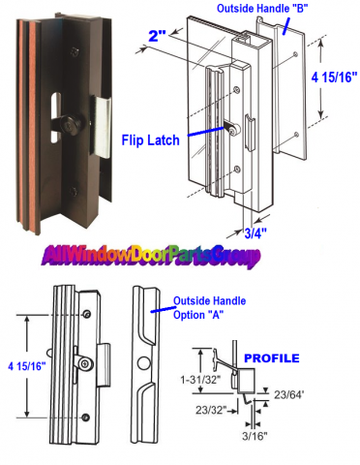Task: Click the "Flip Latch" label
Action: click(150, 140)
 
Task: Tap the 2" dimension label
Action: click(157, 36)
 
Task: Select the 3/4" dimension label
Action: click(255, 232)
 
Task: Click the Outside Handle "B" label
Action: click(262, 9)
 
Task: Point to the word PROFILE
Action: click(272, 358)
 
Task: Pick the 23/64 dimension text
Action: click(289, 394)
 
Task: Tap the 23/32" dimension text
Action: click(211, 410)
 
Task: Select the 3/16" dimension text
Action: click(255, 436)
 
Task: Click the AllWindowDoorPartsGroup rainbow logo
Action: click(151, 256)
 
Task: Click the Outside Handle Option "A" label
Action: click(210, 308)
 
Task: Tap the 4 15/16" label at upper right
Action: click(334, 77)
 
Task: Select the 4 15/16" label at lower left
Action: click(27, 366)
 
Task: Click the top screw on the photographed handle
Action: click(75, 51)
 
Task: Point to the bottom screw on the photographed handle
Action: click(74, 192)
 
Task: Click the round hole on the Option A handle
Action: click(144, 363)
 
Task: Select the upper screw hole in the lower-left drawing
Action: click(86, 314)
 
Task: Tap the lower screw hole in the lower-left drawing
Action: click(85, 418)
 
